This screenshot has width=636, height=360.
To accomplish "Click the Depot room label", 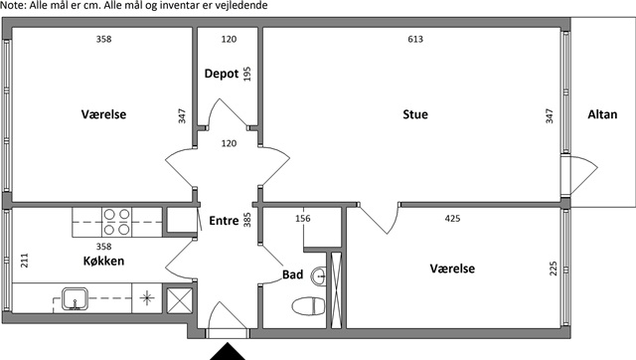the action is point(222,74).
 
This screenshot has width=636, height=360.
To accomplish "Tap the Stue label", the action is point(415,114).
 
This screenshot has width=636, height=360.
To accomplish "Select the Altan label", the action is point(602,114).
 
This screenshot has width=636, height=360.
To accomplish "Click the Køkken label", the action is point(103,261).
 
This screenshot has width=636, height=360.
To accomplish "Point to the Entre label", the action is point(224,221).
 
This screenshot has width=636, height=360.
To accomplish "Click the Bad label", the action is point(293,274).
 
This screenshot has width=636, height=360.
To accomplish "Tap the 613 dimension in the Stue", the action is point(415,39).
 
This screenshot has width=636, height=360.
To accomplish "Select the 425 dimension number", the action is point(453,219).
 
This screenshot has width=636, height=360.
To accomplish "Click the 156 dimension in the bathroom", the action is point(303,219).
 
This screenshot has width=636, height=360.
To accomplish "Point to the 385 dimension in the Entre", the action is point(247,220).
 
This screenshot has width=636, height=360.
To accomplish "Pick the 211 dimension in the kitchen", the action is point(25,261).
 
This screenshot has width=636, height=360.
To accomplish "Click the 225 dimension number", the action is point(554,269).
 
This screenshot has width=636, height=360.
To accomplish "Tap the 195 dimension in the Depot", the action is point(247,74).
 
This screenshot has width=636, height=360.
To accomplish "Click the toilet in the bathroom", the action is point(309,305).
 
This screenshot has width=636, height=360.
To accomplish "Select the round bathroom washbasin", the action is point(319,276).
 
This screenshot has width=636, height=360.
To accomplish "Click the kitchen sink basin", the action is point(75,298).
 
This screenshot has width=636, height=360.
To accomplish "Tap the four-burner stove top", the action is point(116,222).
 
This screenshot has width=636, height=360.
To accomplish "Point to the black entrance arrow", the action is point(228,351).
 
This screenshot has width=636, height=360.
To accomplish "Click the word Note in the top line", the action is point(12,5).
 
